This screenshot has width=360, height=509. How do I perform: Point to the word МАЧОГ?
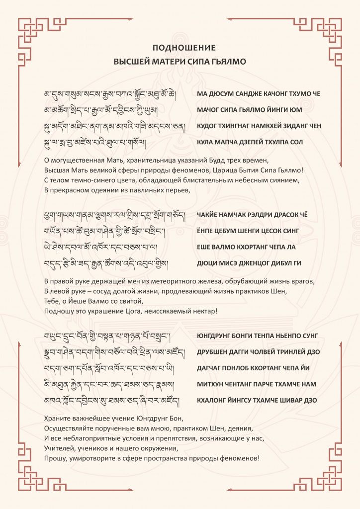[x=209, y=109]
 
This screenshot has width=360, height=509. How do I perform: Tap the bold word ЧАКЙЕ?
[x=209, y=215]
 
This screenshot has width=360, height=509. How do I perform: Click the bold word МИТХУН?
[x=211, y=384]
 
